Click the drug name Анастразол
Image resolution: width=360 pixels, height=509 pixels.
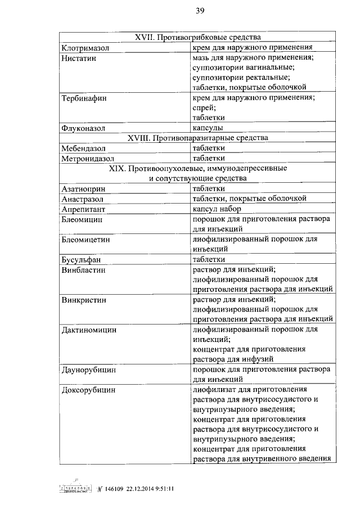(85, 199)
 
